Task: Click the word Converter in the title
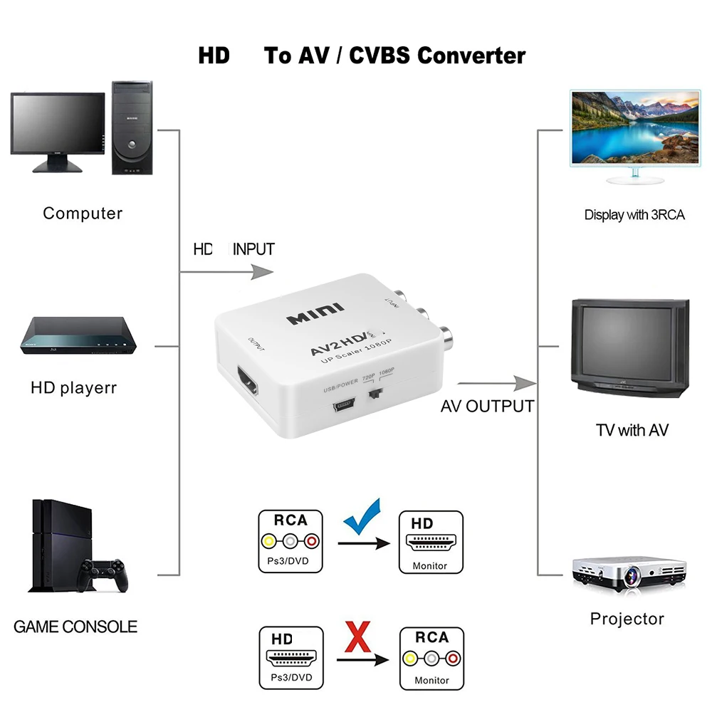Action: point(471,56)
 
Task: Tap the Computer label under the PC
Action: point(83,213)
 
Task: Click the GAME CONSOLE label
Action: point(75,627)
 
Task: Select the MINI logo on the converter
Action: point(315,314)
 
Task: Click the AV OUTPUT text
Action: point(487,407)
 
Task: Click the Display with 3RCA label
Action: point(634,214)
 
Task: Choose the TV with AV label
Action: point(632,430)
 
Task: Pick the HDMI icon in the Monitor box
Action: point(431,543)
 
